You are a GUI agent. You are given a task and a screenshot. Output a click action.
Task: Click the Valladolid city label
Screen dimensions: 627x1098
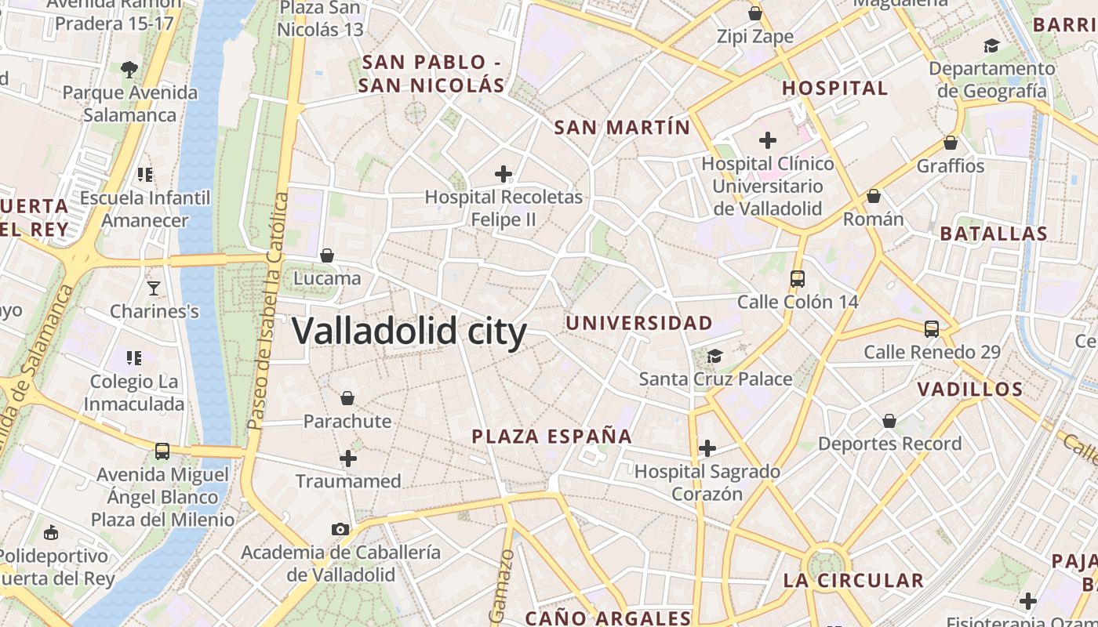[x=409, y=331]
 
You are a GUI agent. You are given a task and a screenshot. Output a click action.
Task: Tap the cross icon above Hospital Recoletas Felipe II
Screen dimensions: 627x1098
[x=504, y=174]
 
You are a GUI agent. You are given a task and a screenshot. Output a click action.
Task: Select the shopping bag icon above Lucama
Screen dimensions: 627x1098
[x=327, y=256]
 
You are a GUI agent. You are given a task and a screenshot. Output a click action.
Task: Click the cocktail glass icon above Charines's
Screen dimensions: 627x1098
[x=154, y=288]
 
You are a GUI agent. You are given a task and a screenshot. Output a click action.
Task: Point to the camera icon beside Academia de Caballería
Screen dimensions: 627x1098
[x=340, y=529]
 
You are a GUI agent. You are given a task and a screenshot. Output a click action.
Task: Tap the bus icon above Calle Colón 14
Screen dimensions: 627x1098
[x=798, y=278]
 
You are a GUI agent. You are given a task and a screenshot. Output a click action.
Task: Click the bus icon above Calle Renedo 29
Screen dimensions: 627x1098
[x=932, y=329]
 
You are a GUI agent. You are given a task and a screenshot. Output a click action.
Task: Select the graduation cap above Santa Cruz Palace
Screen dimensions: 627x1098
[x=714, y=357]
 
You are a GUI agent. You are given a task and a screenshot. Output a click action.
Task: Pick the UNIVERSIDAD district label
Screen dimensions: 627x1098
[x=639, y=323]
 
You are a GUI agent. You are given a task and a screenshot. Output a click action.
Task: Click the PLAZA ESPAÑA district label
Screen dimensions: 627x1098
[x=551, y=437]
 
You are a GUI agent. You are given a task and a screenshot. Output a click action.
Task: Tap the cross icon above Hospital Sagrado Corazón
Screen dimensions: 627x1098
[x=707, y=448]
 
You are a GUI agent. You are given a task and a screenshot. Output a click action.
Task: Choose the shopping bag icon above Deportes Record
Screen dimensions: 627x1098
[x=889, y=422]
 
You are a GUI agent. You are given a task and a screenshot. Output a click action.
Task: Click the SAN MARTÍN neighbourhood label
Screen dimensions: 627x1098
[x=622, y=127]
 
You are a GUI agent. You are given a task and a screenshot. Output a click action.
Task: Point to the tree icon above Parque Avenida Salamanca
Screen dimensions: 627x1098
[x=129, y=70]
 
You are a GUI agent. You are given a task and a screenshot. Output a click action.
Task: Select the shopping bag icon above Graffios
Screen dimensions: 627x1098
[x=951, y=143]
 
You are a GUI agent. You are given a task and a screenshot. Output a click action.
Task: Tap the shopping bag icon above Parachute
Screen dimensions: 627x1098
[x=347, y=399]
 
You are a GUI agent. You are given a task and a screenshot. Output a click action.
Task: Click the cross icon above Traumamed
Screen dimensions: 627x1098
[x=348, y=458]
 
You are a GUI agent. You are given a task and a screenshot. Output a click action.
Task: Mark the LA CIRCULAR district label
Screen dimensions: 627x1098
[x=853, y=581]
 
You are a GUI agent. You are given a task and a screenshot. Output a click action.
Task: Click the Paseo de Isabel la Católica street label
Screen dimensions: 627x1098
[x=267, y=312]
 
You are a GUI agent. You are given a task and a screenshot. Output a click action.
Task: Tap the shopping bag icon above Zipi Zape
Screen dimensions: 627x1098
[x=755, y=13]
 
